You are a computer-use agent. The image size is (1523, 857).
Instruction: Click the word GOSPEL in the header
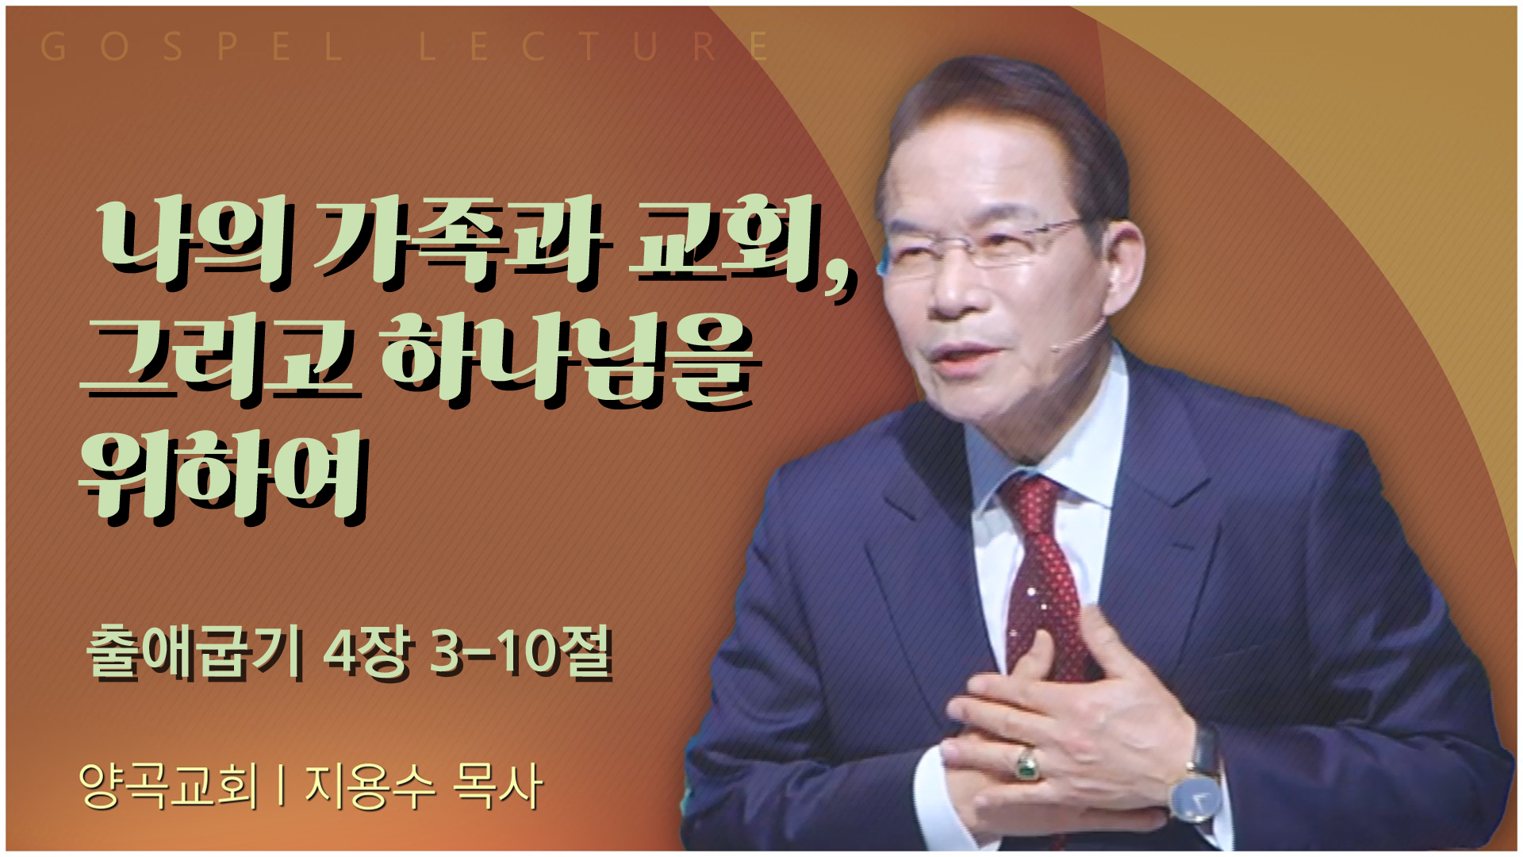pyautogui.click(x=191, y=47)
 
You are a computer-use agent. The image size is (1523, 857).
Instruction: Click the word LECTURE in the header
pyautogui.click(x=594, y=47)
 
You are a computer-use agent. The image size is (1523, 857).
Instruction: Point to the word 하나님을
pyautogui.click(x=571, y=361)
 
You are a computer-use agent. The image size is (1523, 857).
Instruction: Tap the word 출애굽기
pyautogui.click(x=194, y=652)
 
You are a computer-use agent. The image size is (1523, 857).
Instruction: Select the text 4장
pyautogui.click(x=368, y=652)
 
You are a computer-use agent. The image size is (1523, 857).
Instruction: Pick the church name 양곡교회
pyautogui.click(x=168, y=786)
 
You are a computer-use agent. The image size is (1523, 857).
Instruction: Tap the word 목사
pyautogui.click(x=497, y=786)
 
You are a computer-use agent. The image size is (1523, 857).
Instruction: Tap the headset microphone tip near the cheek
pyautogui.click(x=1057, y=347)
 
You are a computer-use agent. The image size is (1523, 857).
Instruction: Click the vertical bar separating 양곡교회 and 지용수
pyautogui.click(x=282, y=786)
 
